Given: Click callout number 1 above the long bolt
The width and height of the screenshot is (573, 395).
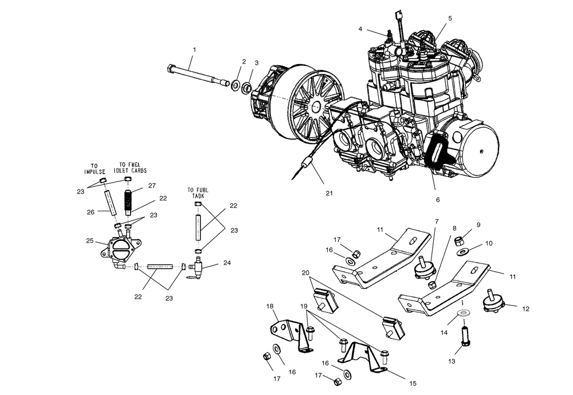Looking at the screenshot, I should (x=194, y=50).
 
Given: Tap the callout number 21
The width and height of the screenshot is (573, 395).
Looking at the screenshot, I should (x=329, y=193).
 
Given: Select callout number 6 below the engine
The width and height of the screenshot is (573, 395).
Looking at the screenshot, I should (x=438, y=200).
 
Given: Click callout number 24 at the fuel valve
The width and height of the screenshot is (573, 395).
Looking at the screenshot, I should (x=228, y=264).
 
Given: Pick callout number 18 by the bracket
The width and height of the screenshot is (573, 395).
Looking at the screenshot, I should (x=269, y=307).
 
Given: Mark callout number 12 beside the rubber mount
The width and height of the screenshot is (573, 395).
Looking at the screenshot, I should (x=526, y=309).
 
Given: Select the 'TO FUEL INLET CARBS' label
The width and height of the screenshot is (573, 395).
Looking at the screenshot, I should (x=131, y=166).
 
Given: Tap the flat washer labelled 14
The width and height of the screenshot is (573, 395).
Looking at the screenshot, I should (x=463, y=314).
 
